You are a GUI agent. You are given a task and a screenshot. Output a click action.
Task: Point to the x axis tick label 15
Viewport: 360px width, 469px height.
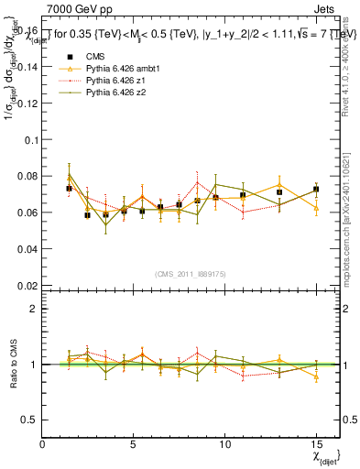[x=315, y=444]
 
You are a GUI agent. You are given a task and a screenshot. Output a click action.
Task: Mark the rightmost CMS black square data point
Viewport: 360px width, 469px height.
[x=316, y=190]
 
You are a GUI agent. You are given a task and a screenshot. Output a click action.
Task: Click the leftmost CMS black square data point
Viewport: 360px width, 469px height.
[x=70, y=189]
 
